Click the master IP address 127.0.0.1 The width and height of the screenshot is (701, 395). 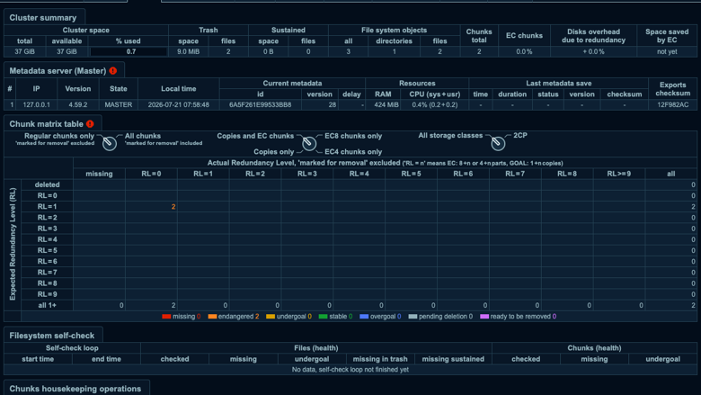36,104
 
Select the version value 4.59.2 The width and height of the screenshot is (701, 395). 78,104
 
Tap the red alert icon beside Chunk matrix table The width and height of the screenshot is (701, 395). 90,124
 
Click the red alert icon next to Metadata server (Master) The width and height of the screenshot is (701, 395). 112,71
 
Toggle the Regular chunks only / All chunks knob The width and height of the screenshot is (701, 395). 109,143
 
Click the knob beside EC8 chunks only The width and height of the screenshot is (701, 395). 309,143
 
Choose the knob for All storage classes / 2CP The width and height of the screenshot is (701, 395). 498,143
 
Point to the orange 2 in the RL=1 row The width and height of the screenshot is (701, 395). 173,207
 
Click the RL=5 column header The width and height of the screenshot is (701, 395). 411,174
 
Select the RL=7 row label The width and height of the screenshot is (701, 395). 47,273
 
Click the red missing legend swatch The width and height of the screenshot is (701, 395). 166,316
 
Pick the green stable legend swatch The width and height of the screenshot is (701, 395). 323,316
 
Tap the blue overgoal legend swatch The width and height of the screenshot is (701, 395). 364,316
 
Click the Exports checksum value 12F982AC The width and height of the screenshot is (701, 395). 673,104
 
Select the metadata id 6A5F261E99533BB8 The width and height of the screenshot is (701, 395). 261,104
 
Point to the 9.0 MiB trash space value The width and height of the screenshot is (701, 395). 188,51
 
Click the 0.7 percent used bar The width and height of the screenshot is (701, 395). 129,51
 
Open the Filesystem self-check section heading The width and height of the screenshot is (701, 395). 52,336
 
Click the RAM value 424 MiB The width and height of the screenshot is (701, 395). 383,104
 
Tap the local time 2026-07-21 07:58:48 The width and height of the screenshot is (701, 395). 178,104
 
